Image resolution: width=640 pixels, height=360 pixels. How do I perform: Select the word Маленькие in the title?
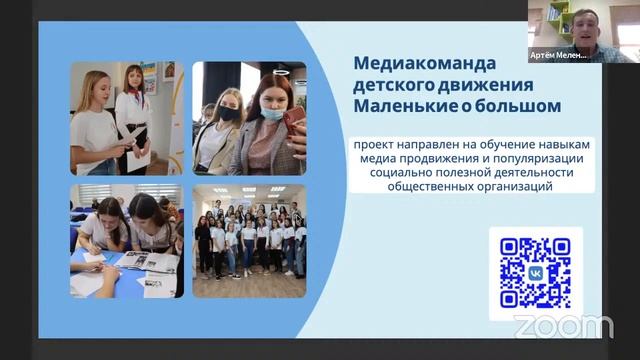click(397, 104)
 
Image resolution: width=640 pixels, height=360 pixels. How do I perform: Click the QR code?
click(535, 273)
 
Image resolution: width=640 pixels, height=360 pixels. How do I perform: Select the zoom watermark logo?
click(563, 326)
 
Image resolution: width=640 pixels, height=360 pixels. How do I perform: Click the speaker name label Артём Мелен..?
click(558, 55)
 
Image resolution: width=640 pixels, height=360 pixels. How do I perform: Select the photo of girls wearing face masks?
click(249, 118)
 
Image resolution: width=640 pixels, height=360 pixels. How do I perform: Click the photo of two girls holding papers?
click(125, 118)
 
